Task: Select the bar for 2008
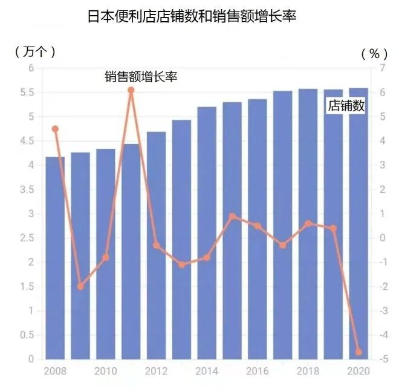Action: (55, 257)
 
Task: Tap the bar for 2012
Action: (156, 245)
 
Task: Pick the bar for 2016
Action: (257, 229)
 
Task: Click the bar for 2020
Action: (358, 223)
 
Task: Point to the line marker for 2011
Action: (131, 90)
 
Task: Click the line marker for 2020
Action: (358, 351)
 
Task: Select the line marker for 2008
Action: (55, 129)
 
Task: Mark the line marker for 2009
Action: (80, 286)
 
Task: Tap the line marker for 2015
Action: (232, 216)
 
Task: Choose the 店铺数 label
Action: (346, 106)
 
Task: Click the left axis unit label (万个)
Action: (35, 51)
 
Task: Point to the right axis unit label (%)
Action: (370, 53)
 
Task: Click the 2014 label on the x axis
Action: (207, 371)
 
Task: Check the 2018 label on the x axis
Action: (308, 371)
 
